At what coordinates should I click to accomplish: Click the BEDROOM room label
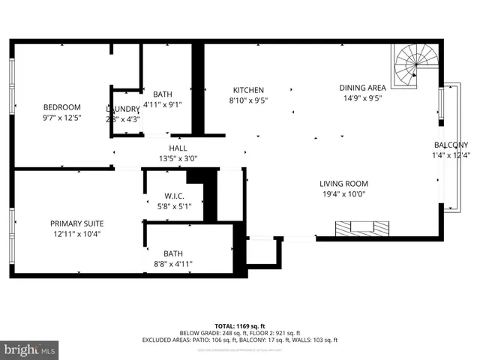[x=61, y=107]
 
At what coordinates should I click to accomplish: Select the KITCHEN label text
[x=248, y=90]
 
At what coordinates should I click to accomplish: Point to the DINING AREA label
[x=363, y=87]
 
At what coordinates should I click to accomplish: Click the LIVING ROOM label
[x=343, y=184]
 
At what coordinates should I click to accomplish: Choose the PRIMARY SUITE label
[x=76, y=223]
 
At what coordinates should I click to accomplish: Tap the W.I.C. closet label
[x=173, y=196]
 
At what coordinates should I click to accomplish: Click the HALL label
[x=178, y=148]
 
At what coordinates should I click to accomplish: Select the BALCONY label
[x=451, y=145]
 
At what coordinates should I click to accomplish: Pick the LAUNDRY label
[x=123, y=109]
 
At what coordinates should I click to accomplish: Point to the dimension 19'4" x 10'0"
[x=343, y=194]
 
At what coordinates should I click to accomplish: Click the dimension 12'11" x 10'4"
[x=76, y=234]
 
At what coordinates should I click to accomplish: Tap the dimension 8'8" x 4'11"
[x=173, y=263]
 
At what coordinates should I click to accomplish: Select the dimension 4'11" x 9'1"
[x=163, y=105]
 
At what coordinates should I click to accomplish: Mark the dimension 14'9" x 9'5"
[x=363, y=97]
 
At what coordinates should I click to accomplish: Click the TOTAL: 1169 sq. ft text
[x=239, y=325]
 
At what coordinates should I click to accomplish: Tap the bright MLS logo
[x=29, y=349]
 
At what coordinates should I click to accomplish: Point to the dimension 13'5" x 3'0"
[x=178, y=159]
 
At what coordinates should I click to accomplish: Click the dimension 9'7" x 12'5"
[x=61, y=118]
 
